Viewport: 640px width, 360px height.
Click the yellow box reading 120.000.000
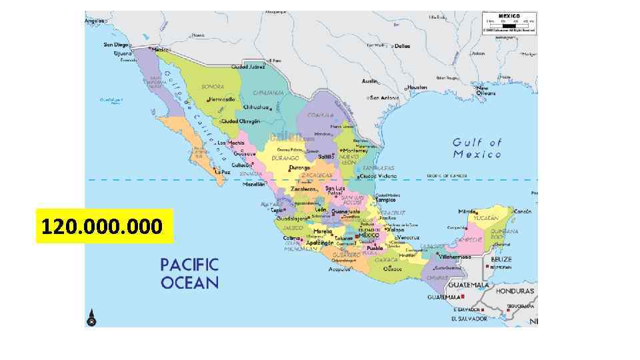(104, 226)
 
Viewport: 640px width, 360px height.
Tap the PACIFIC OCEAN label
(189, 273)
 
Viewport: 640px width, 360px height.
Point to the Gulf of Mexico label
(477, 148)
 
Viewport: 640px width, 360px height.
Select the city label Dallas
(402, 46)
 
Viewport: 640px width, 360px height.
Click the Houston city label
(417, 87)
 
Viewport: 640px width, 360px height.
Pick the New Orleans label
(485, 91)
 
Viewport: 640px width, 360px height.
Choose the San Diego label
(115, 45)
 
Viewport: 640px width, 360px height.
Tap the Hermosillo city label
(221, 99)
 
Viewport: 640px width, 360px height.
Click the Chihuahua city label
(255, 107)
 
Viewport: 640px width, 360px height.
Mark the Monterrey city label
(356, 151)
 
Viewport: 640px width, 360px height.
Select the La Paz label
(223, 171)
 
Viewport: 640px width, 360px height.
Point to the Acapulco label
(339, 269)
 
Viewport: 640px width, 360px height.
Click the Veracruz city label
(409, 237)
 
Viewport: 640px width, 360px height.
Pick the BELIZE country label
(501, 259)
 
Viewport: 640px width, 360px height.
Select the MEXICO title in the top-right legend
(509, 15)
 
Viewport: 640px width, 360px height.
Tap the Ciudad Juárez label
(248, 67)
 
